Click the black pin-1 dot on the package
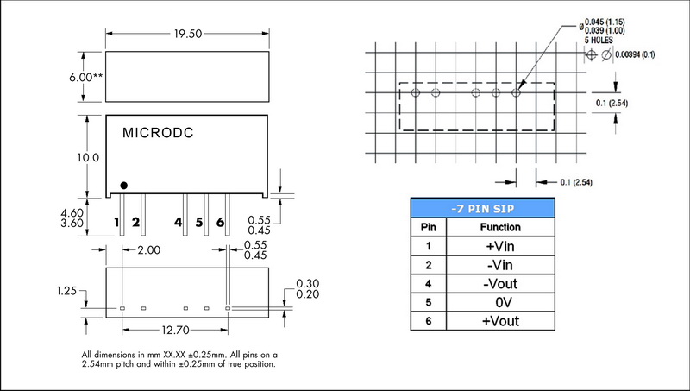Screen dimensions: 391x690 (x=124, y=185)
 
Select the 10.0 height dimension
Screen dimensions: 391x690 (x=89, y=158)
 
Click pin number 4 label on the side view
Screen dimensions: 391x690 (x=179, y=222)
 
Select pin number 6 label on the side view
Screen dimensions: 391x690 (x=221, y=222)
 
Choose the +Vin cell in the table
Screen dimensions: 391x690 (x=500, y=246)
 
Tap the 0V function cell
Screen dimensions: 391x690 (x=500, y=303)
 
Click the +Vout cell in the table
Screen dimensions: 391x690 (x=500, y=321)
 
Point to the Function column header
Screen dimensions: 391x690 (x=500, y=228)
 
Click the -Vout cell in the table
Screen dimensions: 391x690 (x=500, y=284)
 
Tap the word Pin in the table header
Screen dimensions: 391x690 (x=428, y=228)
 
